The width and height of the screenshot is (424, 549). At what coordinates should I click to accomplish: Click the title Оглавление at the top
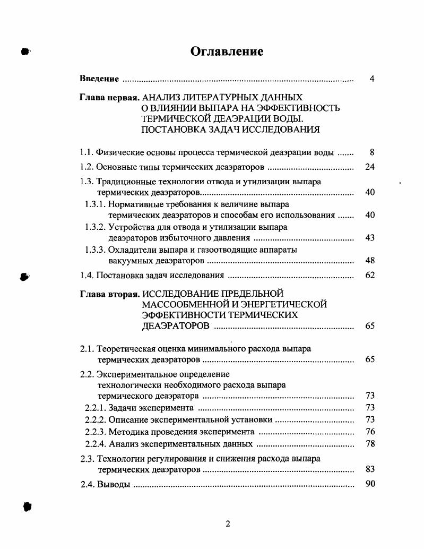[227, 52]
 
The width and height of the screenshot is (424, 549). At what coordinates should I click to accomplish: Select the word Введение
[99, 79]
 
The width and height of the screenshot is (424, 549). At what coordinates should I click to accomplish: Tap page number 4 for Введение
[372, 79]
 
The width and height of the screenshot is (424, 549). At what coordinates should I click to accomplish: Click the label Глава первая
[109, 98]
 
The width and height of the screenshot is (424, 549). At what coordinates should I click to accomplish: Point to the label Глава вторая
[109, 294]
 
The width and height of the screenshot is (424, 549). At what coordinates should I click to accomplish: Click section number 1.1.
[86, 153]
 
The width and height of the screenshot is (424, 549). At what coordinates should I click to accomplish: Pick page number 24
[370, 167]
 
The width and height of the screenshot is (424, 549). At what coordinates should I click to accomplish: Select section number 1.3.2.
[96, 227]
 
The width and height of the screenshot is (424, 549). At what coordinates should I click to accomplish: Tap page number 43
[370, 237]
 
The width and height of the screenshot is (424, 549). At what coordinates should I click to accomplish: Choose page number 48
[370, 261]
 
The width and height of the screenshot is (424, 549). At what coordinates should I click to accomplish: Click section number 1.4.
[86, 275]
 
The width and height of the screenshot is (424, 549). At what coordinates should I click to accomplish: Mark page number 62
[370, 275]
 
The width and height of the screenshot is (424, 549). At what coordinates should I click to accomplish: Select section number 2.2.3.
[96, 432]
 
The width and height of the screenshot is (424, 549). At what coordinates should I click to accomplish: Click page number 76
[370, 432]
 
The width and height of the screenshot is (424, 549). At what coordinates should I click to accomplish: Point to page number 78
[370, 444]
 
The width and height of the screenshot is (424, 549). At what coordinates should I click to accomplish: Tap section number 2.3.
[86, 459]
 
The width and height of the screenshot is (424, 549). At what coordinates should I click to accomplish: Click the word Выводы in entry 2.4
[114, 484]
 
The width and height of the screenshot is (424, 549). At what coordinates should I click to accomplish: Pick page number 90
[370, 484]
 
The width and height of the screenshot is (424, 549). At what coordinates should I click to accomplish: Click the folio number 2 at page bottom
[228, 524]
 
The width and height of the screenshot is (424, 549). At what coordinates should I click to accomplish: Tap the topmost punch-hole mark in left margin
[24, 52]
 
